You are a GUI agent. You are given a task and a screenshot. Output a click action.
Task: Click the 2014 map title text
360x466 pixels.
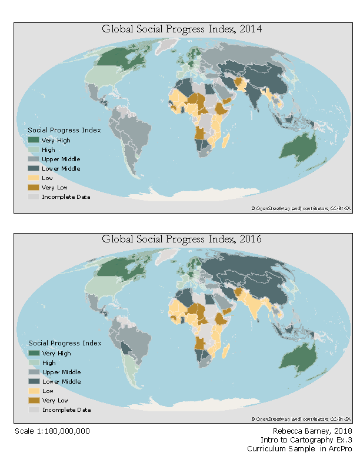pos(182,29)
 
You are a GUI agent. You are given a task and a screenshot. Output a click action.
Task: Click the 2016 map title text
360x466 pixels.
pos(182,239)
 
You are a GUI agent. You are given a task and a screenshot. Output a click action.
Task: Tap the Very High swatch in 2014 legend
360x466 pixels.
pos(34,141)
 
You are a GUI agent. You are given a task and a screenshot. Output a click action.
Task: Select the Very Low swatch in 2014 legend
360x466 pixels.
pos(34,187)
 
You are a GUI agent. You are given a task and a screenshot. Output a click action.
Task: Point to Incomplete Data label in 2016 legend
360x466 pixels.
pos(66,410)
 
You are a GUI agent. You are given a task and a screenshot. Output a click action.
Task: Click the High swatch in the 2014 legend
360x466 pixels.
pos(34,150)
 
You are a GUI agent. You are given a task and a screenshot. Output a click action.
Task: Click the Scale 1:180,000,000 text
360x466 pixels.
pos(52,431)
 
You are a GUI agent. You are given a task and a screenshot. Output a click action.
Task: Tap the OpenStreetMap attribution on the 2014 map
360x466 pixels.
pos(301,208)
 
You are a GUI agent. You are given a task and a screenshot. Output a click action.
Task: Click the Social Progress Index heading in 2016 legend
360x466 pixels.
pos(65,343)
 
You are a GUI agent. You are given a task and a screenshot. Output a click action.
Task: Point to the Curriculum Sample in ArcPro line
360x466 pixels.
pos(299,449)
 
